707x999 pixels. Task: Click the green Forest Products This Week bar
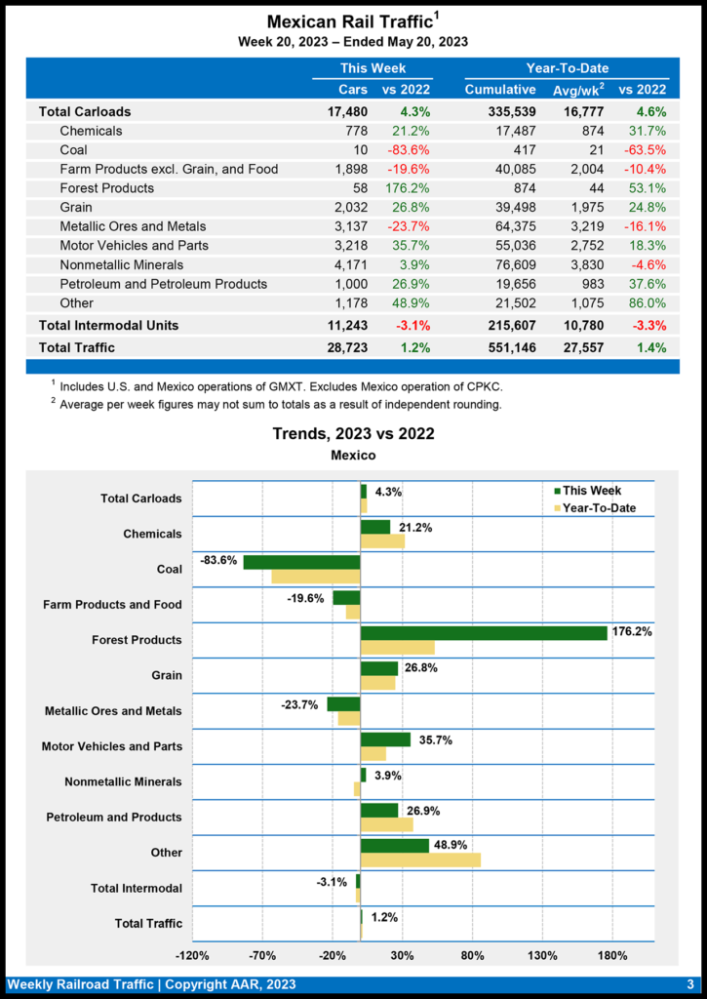(x=484, y=632)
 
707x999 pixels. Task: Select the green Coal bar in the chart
(x=301, y=562)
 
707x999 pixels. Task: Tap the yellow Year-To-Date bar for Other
(x=420, y=859)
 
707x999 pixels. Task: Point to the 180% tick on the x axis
(x=611, y=955)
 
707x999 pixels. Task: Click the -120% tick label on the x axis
(x=192, y=955)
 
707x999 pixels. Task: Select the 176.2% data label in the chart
(x=632, y=632)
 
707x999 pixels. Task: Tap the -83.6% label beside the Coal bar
(x=218, y=561)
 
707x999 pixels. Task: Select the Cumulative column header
(x=500, y=90)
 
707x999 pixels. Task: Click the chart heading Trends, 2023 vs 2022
(x=353, y=433)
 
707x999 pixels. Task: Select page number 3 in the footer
(x=689, y=984)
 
